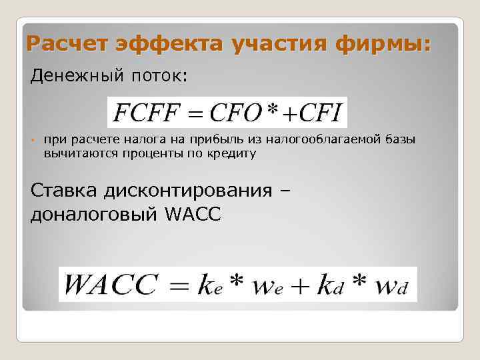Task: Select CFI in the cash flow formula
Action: click(x=321, y=113)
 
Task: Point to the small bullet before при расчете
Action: click(x=32, y=140)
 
